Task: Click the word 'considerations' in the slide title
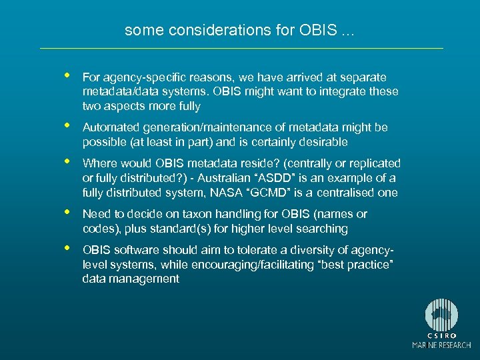[194, 31]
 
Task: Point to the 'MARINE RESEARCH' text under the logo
[442, 345]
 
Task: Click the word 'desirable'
[323, 142]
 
